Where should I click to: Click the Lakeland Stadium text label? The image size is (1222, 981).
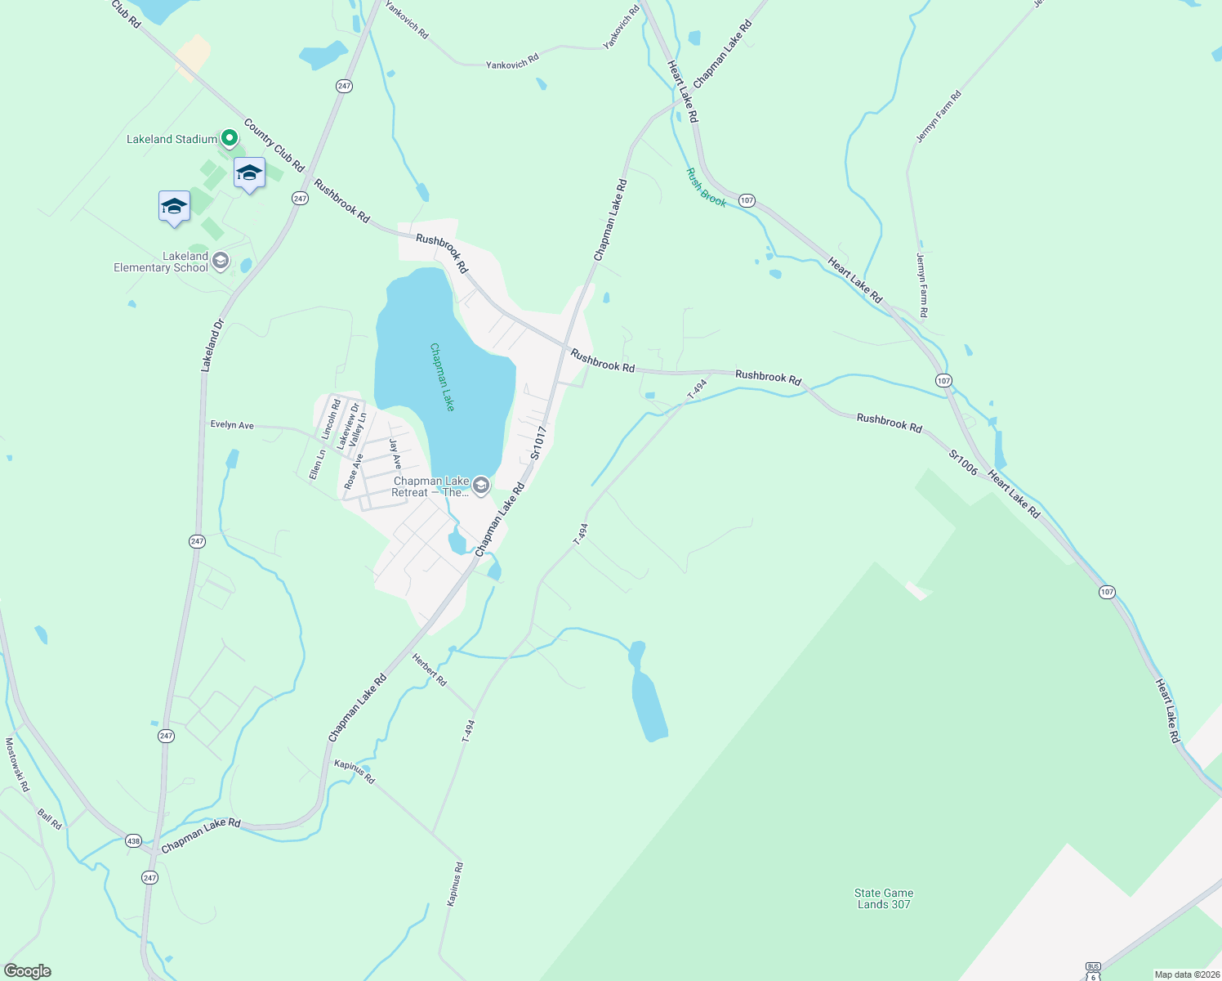pyautogui.click(x=172, y=140)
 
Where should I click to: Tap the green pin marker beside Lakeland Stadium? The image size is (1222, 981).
pyautogui.click(x=230, y=138)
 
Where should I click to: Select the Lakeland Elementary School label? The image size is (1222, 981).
pyautogui.click(x=161, y=262)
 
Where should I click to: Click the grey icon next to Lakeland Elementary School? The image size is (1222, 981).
pyautogui.click(x=220, y=262)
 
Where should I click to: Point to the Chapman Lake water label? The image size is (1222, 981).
pyautogui.click(x=442, y=377)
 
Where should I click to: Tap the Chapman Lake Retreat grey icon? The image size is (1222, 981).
pyautogui.click(x=481, y=486)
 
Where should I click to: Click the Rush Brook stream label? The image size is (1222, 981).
pyautogui.click(x=706, y=187)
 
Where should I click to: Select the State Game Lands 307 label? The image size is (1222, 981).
pyautogui.click(x=884, y=898)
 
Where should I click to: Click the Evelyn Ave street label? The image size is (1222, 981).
pyautogui.click(x=232, y=425)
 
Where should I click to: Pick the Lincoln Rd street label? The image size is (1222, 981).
pyautogui.click(x=331, y=419)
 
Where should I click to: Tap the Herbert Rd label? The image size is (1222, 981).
pyautogui.click(x=430, y=670)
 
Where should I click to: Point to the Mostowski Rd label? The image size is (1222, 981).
pyautogui.click(x=17, y=764)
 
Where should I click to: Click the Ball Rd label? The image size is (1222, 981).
pyautogui.click(x=50, y=819)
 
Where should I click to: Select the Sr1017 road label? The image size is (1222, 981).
pyautogui.click(x=537, y=442)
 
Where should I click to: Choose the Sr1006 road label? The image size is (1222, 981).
pyautogui.click(x=963, y=462)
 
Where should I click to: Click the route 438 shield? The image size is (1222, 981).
pyautogui.click(x=133, y=840)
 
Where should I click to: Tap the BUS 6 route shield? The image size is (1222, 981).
pyautogui.click(x=1092, y=971)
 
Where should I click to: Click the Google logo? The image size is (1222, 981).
pyautogui.click(x=28, y=971)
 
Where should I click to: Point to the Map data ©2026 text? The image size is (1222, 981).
pyautogui.click(x=1186, y=974)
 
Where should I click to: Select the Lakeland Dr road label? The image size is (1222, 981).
pyautogui.click(x=212, y=346)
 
